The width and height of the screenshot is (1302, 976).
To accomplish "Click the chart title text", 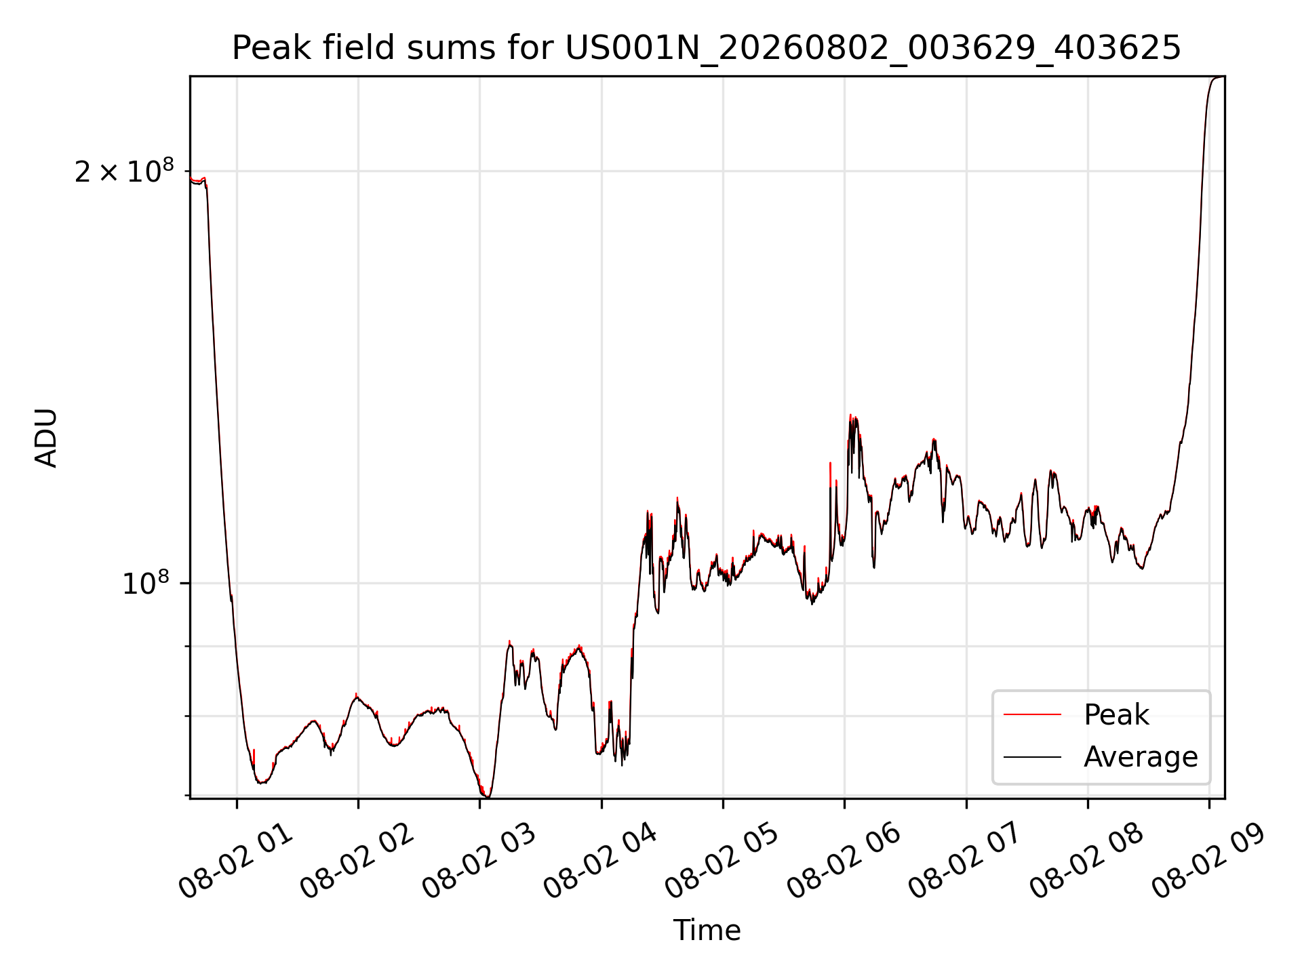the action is click(707, 48).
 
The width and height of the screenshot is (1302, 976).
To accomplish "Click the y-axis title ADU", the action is click(46, 438).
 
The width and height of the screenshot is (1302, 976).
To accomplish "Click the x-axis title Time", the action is click(707, 930).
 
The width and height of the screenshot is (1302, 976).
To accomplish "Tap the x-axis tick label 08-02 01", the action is click(236, 861).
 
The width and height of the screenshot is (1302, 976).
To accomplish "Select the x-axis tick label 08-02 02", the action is click(357, 861).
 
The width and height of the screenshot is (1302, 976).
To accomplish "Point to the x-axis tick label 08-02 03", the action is click(479, 861).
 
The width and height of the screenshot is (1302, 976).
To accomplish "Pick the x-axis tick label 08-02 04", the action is click(601, 861).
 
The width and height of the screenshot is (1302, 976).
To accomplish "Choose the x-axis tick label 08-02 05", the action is click(722, 861).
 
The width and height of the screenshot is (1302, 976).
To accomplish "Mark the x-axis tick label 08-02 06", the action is click(844, 861).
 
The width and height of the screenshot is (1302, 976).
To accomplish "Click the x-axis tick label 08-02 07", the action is click(966, 861).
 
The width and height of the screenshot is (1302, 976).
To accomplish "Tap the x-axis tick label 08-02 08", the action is click(1087, 861).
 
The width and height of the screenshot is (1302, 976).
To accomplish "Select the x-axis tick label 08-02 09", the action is click(1209, 861).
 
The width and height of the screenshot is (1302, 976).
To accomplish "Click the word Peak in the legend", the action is click(1116, 715).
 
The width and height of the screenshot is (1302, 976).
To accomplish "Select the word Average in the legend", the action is click(1141, 757).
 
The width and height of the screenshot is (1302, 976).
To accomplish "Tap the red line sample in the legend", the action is click(1032, 714).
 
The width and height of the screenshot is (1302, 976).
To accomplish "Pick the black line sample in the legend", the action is click(1032, 756).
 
